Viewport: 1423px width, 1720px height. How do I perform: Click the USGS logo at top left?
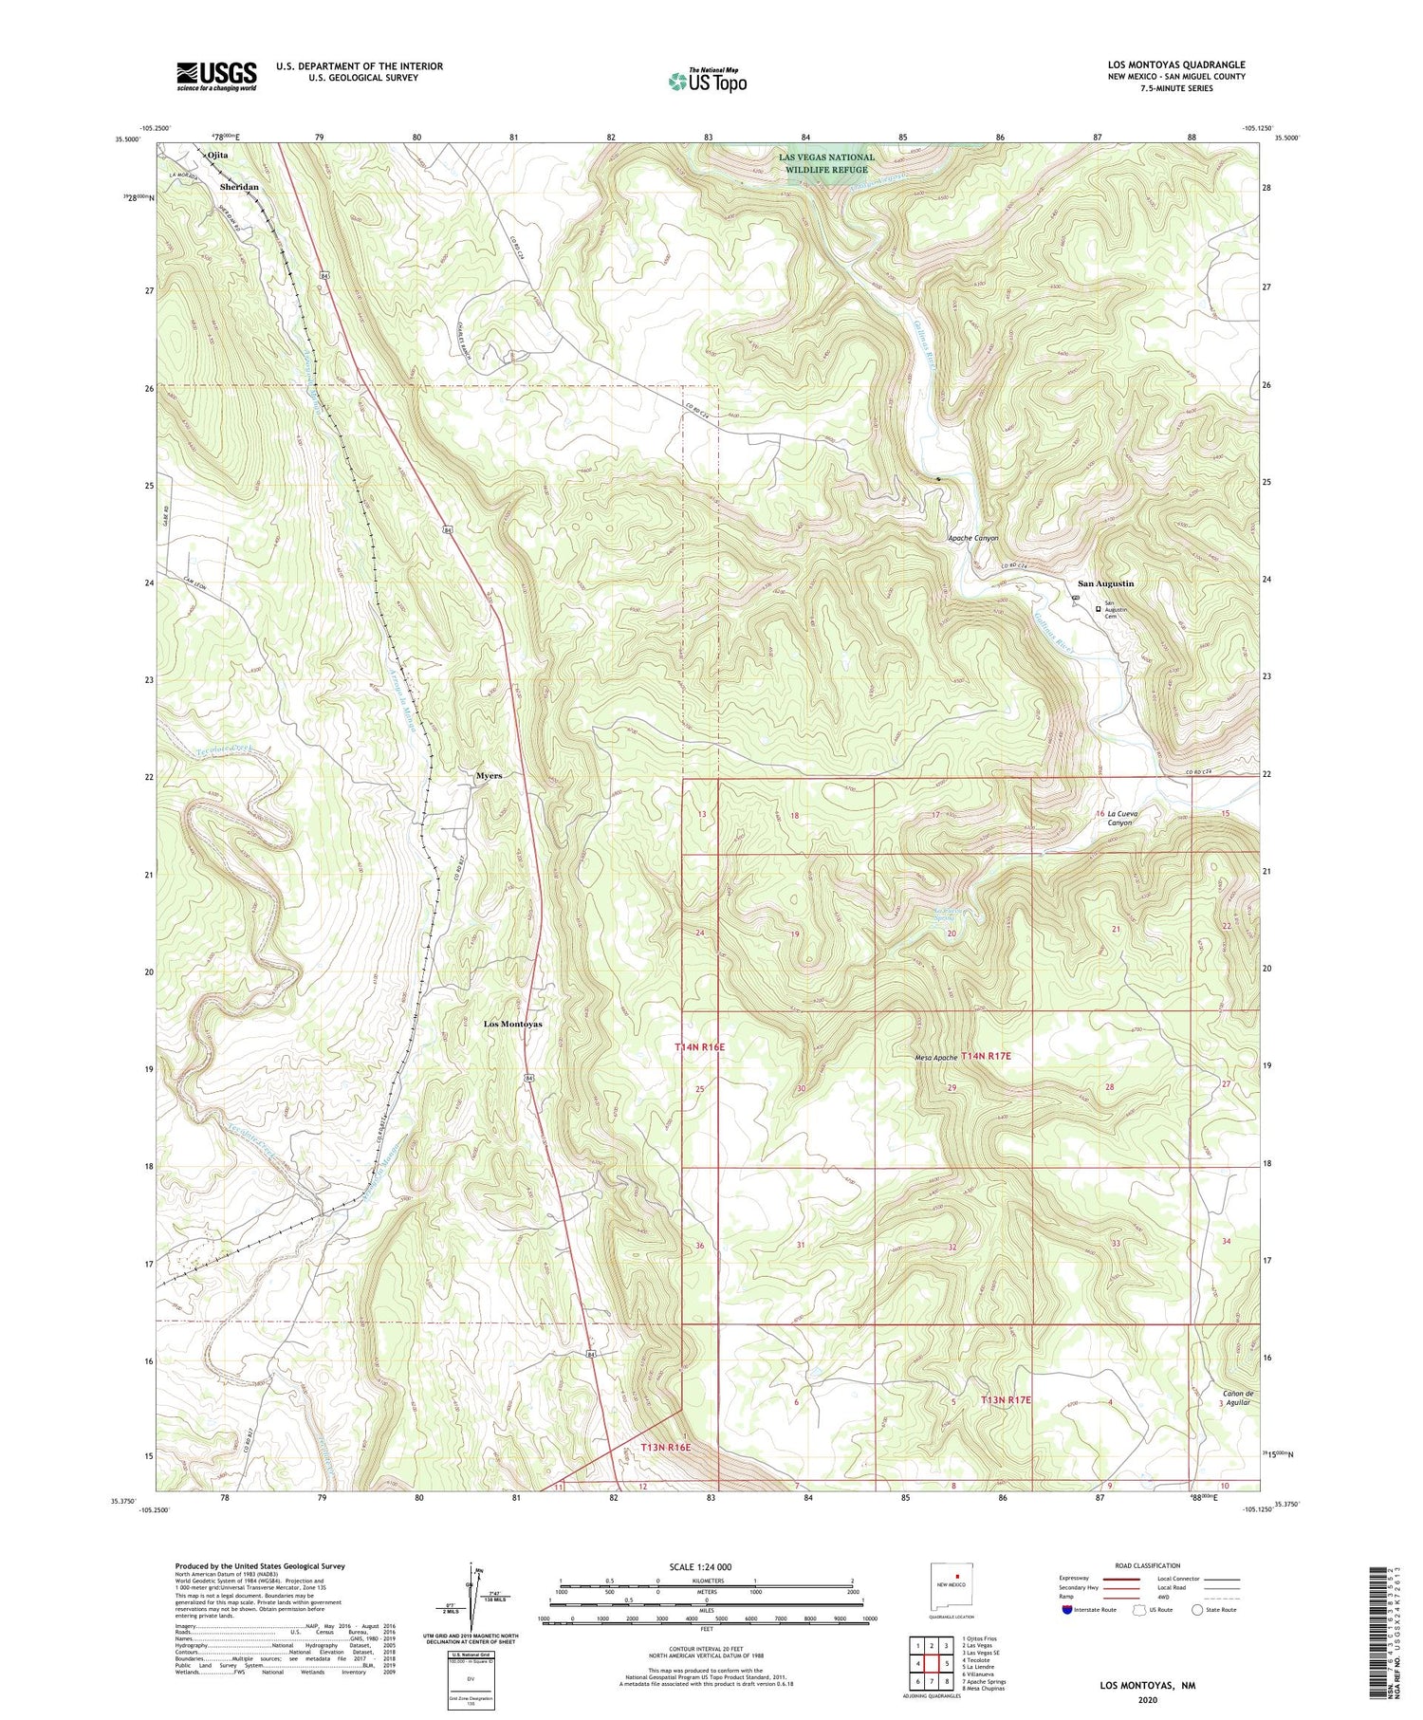click(x=216, y=76)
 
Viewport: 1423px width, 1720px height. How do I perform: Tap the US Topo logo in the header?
click(x=707, y=81)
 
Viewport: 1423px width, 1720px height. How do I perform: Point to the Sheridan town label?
click(x=239, y=187)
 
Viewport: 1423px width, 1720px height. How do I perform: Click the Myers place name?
click(x=489, y=775)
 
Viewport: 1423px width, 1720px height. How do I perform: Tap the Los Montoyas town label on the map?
click(x=512, y=1024)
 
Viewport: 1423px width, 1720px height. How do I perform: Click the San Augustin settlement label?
click(x=1105, y=583)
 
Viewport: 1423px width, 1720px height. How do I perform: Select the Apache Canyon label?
click(x=972, y=538)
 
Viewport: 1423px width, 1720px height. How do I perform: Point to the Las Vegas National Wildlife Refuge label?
click(x=826, y=163)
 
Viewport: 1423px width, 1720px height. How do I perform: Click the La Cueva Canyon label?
click(x=1120, y=818)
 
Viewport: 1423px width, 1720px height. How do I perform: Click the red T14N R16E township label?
click(x=699, y=1046)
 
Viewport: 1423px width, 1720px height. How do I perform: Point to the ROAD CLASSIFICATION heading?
click(x=1148, y=1565)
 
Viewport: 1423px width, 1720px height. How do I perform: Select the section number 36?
click(x=699, y=1246)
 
